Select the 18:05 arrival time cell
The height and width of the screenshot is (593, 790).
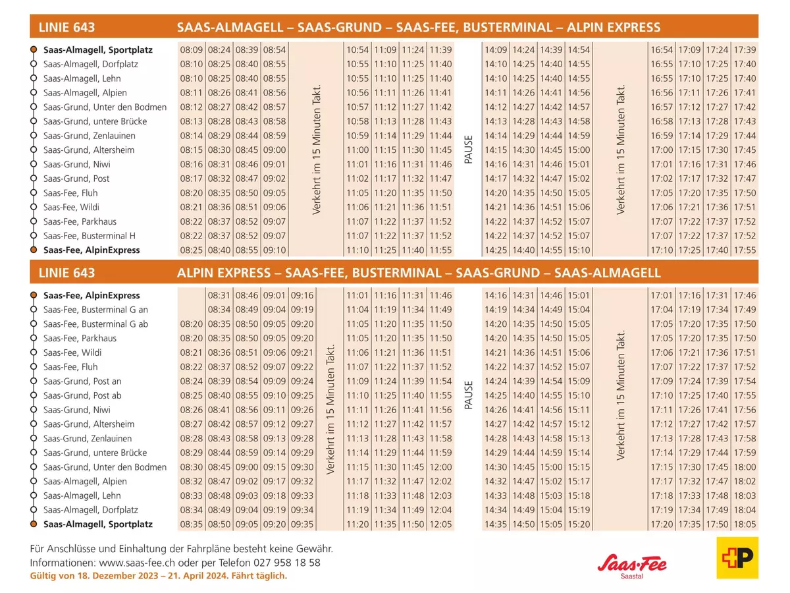pos(745,524)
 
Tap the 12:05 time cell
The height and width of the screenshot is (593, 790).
pos(440,524)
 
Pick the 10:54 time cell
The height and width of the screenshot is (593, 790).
pos(357,50)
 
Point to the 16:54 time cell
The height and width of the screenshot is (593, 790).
pos(662,50)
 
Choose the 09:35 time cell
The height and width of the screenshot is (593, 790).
pos(302,524)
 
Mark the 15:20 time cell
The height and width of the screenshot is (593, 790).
pos(579,524)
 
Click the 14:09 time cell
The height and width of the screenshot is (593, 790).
pos(496,50)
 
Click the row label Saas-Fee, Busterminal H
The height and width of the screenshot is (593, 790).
pos(90,236)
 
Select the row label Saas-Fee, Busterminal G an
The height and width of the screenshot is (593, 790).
pos(95,310)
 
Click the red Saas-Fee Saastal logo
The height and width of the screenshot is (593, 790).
pos(632,565)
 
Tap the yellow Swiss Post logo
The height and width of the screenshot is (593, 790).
pos(737,557)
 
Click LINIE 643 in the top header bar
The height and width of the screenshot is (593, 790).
pos(67,28)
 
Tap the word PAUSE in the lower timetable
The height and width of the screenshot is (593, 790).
pos(469,395)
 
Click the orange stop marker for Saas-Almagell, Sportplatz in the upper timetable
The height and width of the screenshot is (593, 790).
pos(34,50)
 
